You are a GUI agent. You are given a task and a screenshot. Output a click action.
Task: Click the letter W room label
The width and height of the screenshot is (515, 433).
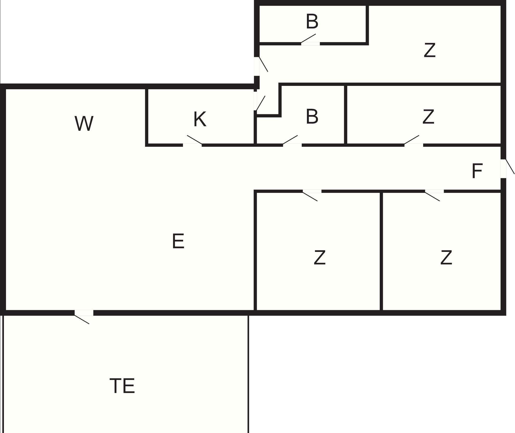tap(84, 124)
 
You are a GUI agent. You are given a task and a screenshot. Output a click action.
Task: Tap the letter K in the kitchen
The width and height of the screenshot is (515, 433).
tap(200, 119)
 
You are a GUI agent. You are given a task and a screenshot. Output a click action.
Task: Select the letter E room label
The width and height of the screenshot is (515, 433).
tap(178, 241)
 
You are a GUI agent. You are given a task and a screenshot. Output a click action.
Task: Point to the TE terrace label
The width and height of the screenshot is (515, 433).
tap(122, 386)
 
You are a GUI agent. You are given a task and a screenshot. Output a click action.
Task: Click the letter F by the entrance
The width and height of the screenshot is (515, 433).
tap(477, 171)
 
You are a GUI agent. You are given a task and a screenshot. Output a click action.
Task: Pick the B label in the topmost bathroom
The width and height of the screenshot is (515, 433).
tap(312, 21)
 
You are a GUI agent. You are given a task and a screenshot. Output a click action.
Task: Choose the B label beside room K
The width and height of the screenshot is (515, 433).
tap(312, 117)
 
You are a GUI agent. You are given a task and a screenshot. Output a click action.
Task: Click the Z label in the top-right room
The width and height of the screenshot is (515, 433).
tap(429, 50)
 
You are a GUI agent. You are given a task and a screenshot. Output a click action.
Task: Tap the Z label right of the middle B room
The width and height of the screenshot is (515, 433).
tap(428, 117)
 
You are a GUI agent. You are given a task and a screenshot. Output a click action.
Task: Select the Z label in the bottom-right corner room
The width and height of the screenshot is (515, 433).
tap(446, 258)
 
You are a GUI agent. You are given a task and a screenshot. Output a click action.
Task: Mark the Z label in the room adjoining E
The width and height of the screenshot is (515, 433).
tap(319, 258)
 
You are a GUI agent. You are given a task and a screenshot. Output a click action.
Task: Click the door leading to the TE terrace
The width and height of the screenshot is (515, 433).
tap(84, 313)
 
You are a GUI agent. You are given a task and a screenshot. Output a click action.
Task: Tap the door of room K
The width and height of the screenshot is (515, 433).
tap(192, 145)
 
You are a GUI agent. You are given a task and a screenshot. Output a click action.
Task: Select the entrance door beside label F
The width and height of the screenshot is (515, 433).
tap(504, 169)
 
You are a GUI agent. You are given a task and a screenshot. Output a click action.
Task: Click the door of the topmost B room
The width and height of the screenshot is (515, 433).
tap(310, 43)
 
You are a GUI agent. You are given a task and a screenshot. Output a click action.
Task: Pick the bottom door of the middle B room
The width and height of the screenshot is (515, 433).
tap(292, 145)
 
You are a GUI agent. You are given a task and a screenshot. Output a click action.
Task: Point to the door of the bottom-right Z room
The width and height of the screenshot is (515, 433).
tap(434, 192)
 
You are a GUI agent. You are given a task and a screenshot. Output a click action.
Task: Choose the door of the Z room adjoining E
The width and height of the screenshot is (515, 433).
tap(312, 192)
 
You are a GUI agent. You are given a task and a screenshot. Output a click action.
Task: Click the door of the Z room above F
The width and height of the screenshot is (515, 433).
tap(414, 145)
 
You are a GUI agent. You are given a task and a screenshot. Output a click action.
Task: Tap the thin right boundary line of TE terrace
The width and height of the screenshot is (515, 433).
tap(248, 375)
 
